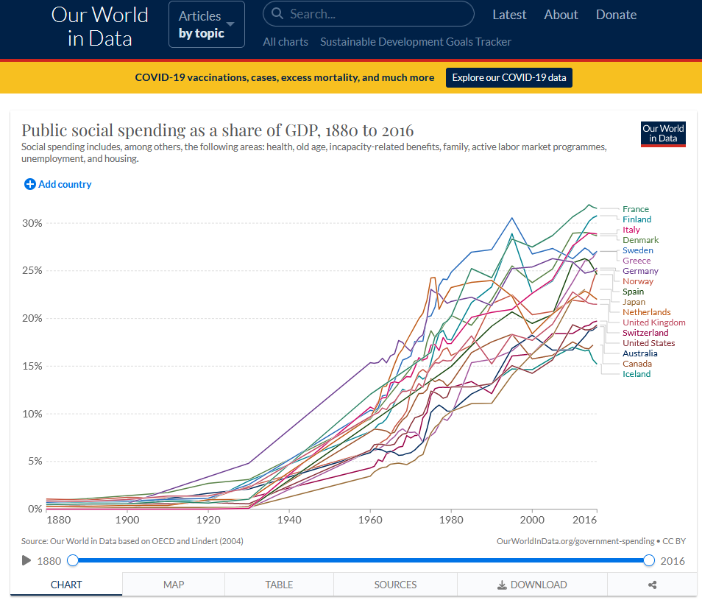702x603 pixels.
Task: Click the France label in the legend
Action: click(x=635, y=209)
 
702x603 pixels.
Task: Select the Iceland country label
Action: click(x=637, y=374)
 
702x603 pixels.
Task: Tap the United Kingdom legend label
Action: click(x=653, y=322)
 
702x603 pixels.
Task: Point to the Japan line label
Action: click(x=634, y=302)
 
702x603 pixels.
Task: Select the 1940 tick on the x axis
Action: click(x=289, y=520)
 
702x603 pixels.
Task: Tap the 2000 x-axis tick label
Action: click(x=531, y=520)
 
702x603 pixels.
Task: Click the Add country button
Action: click(x=58, y=184)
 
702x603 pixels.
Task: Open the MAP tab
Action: click(x=174, y=585)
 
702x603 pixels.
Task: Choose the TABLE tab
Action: click(x=279, y=585)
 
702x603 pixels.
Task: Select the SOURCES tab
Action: click(x=395, y=585)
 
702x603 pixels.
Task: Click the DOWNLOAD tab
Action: click(x=532, y=585)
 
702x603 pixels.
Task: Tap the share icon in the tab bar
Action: click(x=652, y=585)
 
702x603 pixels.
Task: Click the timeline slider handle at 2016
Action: click(x=648, y=560)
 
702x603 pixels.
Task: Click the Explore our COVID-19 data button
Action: click(x=508, y=77)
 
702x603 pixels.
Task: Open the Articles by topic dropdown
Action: click(x=206, y=24)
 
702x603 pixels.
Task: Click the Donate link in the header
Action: click(x=616, y=15)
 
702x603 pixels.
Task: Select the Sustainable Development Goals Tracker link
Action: click(x=415, y=42)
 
